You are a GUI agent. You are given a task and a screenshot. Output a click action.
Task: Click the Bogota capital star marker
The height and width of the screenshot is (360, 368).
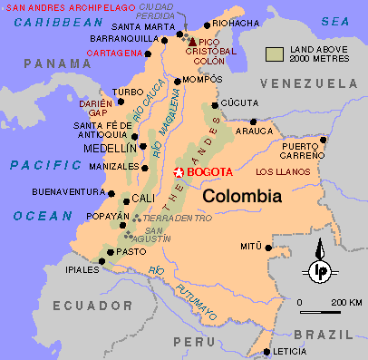tap(179, 172)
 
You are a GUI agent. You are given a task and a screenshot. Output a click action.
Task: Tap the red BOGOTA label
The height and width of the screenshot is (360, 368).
tap(209, 172)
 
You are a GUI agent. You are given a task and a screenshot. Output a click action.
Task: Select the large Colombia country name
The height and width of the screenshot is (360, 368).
tap(241, 196)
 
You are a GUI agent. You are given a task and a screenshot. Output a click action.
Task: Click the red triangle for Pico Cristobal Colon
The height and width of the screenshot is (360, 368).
tap(191, 41)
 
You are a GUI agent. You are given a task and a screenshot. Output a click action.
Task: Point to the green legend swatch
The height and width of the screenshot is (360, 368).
tap(275, 54)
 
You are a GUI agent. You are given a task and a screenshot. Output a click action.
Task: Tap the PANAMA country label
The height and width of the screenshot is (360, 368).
tap(52, 63)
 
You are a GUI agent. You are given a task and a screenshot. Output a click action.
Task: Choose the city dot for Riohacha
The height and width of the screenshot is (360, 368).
tap(208, 24)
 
